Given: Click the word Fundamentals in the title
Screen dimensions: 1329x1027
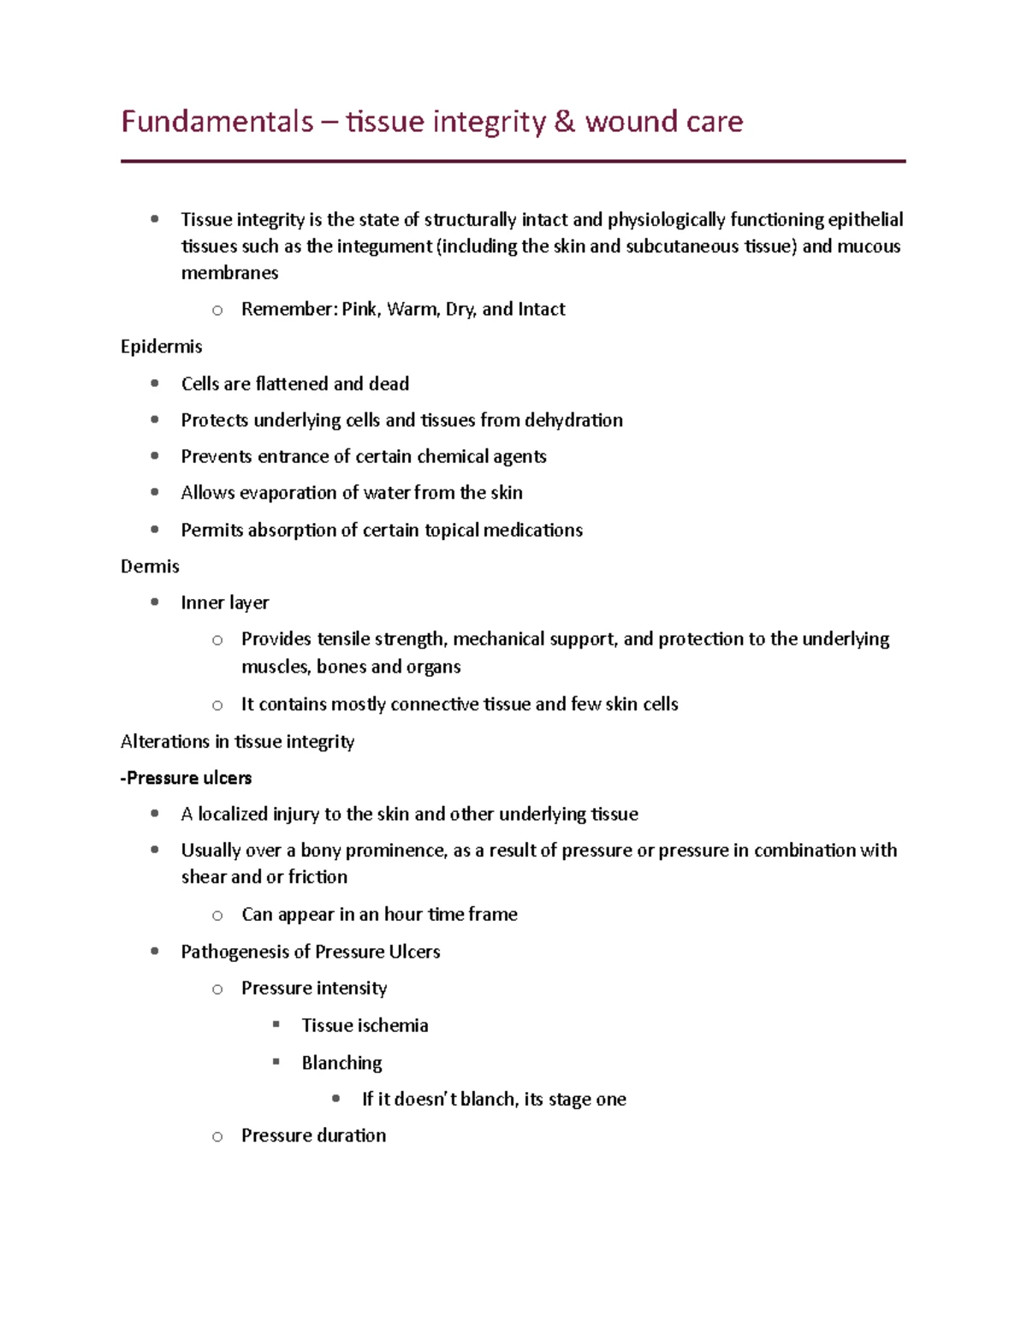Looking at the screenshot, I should (x=217, y=122).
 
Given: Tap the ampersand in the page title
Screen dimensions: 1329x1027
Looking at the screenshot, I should (x=564, y=122).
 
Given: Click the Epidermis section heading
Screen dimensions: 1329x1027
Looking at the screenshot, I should (x=161, y=347).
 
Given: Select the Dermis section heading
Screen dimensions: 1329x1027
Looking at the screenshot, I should (x=150, y=567).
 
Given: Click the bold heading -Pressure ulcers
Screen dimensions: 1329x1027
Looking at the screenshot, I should (x=187, y=778).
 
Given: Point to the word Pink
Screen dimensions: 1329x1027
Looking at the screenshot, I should (x=359, y=309).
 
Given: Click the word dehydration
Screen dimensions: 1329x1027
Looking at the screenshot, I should (x=573, y=420).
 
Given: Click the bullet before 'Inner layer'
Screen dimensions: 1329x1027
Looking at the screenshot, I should (x=155, y=602).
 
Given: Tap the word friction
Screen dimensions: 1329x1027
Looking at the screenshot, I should (x=318, y=877).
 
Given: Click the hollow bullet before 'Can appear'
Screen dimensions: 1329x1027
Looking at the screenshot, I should (x=217, y=916).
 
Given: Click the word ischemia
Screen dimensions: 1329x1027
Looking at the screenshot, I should (x=393, y=1025).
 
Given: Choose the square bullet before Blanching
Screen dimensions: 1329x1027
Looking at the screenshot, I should (x=276, y=1062).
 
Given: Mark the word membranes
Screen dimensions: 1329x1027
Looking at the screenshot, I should (x=229, y=273).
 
